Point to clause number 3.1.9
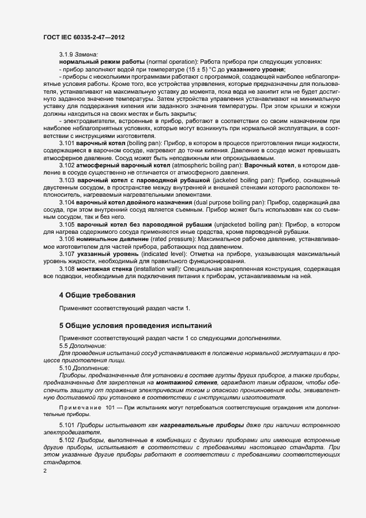68,55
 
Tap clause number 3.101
68,142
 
